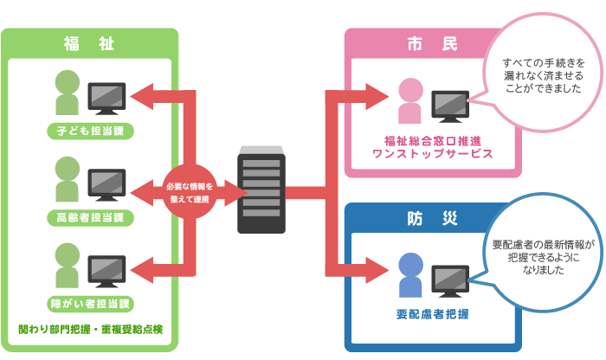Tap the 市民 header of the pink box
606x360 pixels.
422,43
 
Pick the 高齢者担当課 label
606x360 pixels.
91,217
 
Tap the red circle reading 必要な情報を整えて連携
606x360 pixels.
190,193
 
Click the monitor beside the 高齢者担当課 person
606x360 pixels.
108,184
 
